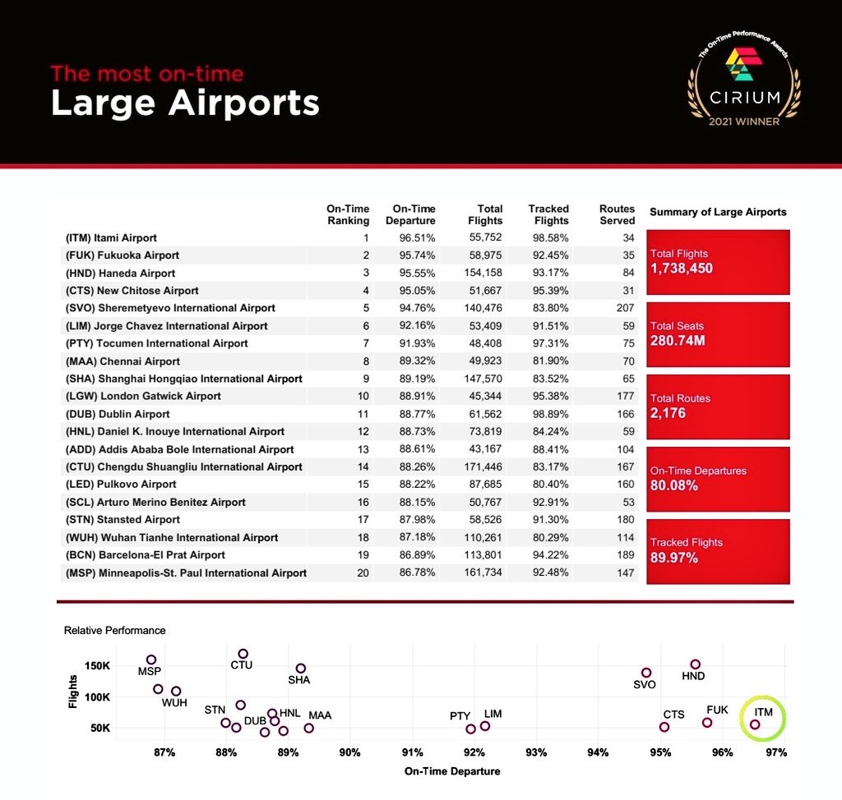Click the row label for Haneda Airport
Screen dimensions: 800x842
coord(120,273)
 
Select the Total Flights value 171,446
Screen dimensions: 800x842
coord(483,467)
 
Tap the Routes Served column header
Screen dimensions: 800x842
coord(617,214)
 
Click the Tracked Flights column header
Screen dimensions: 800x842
coord(548,214)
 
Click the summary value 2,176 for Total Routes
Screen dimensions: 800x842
coord(668,413)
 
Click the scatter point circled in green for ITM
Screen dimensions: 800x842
coord(755,724)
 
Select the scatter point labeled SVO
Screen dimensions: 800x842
coord(646,673)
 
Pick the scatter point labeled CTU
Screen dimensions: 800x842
coord(243,654)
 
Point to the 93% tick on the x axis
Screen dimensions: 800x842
coord(536,752)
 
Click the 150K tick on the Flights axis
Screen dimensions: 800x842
coord(99,665)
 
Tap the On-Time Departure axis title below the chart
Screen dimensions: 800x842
coord(452,771)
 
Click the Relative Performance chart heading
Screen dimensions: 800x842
coord(114,630)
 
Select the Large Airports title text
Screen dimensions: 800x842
coord(185,103)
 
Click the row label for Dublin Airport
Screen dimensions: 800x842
coord(118,414)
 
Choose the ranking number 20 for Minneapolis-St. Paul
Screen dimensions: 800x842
coord(363,572)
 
